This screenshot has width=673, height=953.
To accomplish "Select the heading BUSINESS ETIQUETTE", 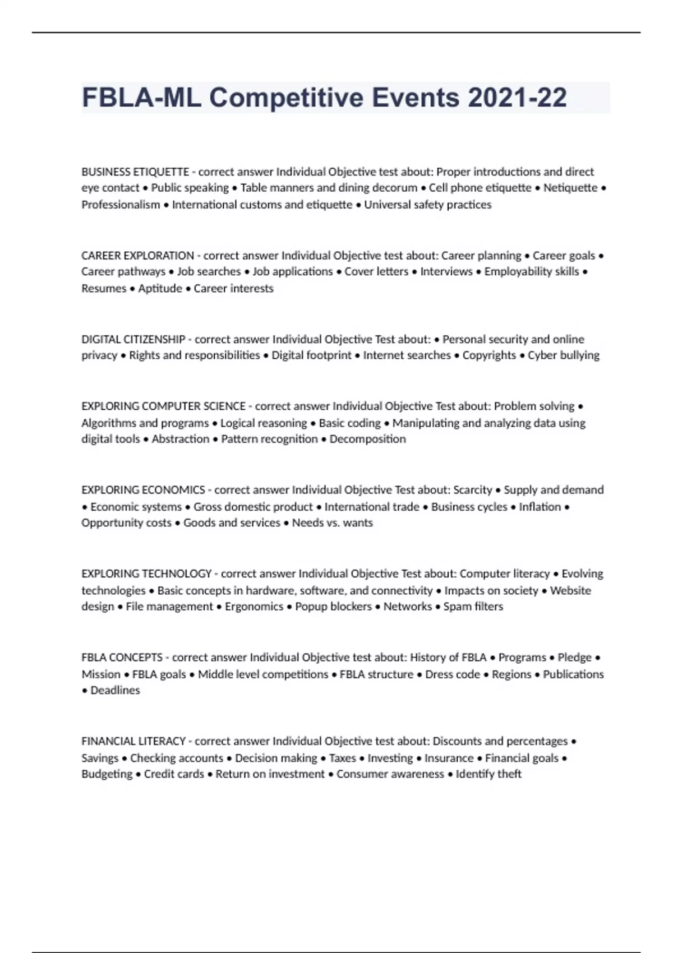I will (135, 172).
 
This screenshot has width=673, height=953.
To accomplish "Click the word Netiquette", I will (570, 188).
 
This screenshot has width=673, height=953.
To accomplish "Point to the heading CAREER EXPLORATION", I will (137, 256).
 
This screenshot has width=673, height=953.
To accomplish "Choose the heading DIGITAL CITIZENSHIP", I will (133, 339).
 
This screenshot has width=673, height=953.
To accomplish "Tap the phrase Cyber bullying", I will (563, 355).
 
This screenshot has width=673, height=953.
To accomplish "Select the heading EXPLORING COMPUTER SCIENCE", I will (163, 406).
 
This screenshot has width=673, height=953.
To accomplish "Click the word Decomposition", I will (367, 439).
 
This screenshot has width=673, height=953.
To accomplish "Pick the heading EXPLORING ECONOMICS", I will (143, 490).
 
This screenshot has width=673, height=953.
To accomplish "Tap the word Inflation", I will (540, 507).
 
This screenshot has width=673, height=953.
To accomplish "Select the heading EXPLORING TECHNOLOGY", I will (146, 573).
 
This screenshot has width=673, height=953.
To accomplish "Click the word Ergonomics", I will (254, 607).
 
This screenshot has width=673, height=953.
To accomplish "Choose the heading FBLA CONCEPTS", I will (122, 657).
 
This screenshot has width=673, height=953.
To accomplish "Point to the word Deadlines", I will (115, 690).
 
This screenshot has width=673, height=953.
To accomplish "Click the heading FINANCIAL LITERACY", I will (133, 741).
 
